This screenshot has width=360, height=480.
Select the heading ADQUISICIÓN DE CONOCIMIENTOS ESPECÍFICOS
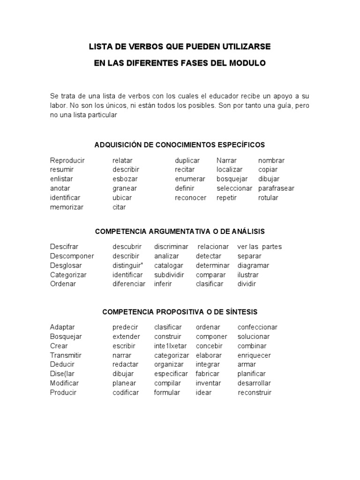point(180,144)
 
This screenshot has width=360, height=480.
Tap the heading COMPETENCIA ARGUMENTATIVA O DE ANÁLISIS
point(180,232)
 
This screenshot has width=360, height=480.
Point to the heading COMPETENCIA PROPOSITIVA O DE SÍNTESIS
point(180,312)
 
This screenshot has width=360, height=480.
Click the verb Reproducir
point(67,160)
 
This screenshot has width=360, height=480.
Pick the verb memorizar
point(67,207)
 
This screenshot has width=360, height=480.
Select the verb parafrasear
point(276,188)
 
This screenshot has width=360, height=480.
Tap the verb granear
point(124,188)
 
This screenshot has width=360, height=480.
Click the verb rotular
point(268,198)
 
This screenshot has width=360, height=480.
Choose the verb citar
point(119,207)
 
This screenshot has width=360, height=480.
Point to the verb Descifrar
point(64,247)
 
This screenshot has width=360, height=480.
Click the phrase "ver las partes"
point(260,247)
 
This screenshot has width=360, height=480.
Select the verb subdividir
point(169,275)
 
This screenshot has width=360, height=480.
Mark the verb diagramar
point(253,265)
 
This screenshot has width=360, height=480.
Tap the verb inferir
point(163,284)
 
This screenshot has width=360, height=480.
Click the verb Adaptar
point(62,327)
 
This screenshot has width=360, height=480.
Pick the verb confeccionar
point(257,327)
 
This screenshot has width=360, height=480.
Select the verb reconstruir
point(255,393)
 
